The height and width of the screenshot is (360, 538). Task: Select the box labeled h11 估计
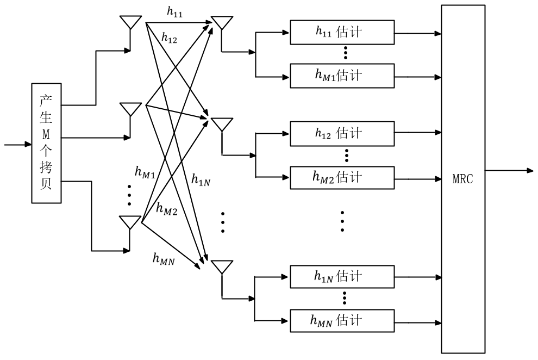tap(342, 32)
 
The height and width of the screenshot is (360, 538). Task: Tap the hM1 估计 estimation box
tap(342, 76)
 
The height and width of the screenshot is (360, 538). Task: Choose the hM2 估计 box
tap(342, 177)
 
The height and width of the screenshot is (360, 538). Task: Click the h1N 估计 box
tap(342, 277)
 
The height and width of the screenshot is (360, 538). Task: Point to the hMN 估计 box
tap(342, 320)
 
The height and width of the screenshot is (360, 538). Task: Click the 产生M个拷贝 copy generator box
tap(46, 144)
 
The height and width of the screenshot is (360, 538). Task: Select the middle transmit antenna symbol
tap(130, 109)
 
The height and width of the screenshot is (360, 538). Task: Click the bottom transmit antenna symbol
tap(130, 223)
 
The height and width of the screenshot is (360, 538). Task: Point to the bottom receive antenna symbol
tap(222, 268)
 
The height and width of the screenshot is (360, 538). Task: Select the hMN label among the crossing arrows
tap(164, 259)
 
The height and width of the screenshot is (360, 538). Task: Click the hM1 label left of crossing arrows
tap(145, 173)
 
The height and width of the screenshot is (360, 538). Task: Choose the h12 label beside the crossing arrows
tap(169, 38)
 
